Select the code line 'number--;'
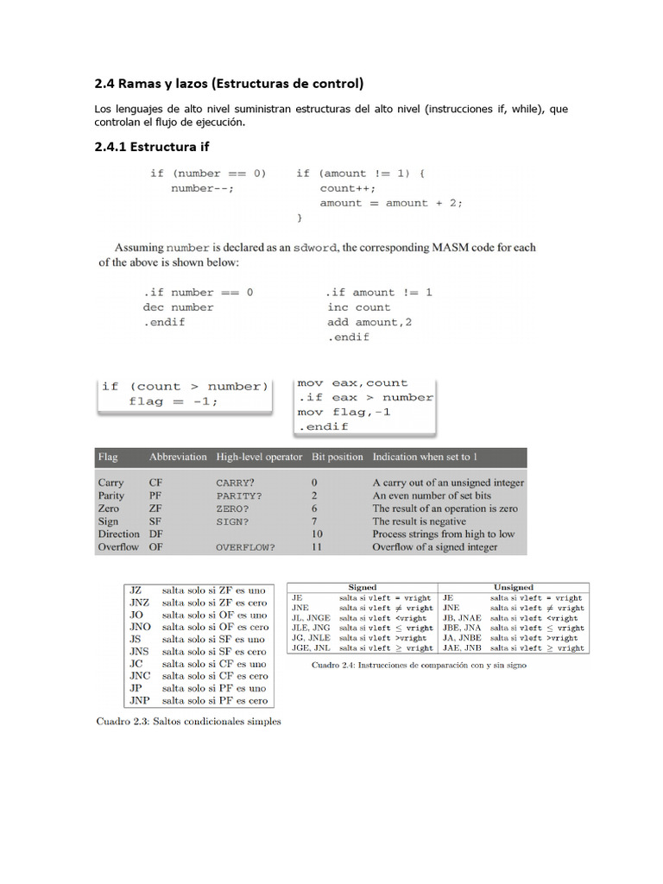(x=202, y=188)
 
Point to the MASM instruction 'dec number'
(x=178, y=307)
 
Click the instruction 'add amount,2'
(x=369, y=322)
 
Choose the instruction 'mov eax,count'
(x=352, y=382)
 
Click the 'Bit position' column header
(x=337, y=457)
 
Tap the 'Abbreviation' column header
(x=178, y=457)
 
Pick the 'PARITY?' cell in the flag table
(x=239, y=496)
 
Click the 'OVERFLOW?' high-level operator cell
(x=246, y=547)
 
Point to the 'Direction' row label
(x=118, y=534)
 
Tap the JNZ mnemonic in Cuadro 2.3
(x=140, y=603)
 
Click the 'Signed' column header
(x=362, y=587)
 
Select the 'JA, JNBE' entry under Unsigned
(x=462, y=637)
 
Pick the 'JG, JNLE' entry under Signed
(x=311, y=637)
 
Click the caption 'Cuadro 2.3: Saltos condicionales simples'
(x=188, y=722)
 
